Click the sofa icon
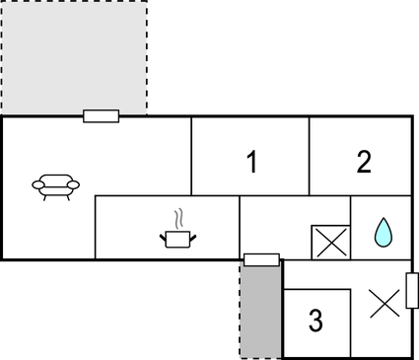click(55, 185)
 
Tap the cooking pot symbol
click(176, 237)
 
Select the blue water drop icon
click(383, 233)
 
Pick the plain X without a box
click(384, 304)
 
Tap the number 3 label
click(315, 321)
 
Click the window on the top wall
click(101, 116)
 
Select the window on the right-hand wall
click(412, 292)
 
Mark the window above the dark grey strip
click(261, 259)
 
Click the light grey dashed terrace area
click(74, 57)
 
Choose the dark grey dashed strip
click(260, 312)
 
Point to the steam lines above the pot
click(177, 217)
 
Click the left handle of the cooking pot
click(162, 235)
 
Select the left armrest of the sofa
click(36, 183)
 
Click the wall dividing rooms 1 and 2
click(310, 156)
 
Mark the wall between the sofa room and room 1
click(191, 156)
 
